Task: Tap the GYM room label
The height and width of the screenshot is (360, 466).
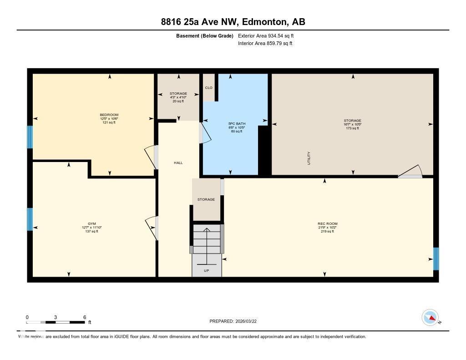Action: click(x=92, y=223)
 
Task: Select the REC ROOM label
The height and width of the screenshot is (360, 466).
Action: click(x=328, y=223)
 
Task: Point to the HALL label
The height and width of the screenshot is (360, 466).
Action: click(x=178, y=162)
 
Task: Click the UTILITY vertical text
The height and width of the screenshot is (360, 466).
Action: click(x=309, y=158)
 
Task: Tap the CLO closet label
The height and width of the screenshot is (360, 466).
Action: click(x=208, y=88)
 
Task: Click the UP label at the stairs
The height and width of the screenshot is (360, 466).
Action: click(x=206, y=270)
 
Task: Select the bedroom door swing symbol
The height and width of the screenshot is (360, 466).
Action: click(x=150, y=157)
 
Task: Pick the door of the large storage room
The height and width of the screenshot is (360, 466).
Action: click(x=410, y=172)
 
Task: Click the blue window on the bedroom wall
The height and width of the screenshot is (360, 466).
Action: click(x=30, y=137)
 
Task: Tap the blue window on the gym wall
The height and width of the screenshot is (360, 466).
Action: click(x=30, y=219)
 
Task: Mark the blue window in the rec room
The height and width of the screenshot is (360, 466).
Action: click(x=436, y=259)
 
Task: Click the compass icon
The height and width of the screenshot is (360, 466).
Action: click(x=430, y=317)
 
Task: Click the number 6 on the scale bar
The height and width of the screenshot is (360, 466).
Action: click(x=85, y=317)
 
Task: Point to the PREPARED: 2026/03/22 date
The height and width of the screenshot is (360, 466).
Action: click(x=236, y=321)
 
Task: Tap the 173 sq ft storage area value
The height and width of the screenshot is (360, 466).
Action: click(x=352, y=128)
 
